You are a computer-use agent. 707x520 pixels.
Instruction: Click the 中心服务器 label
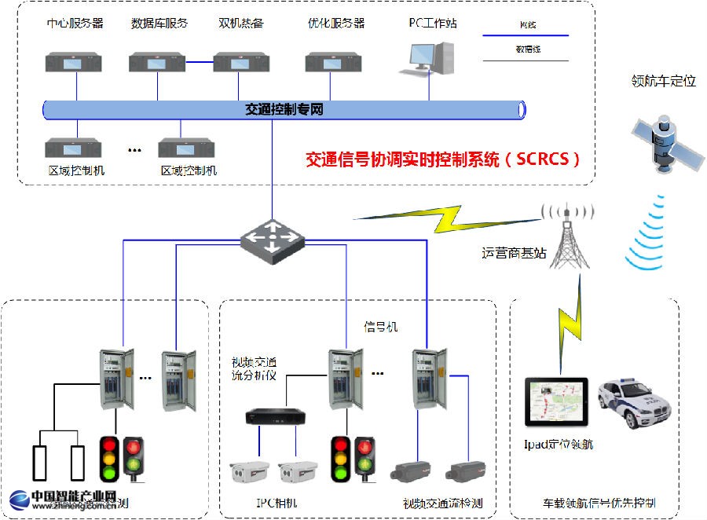click(75, 23)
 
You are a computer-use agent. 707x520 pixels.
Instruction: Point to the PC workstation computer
click(430, 57)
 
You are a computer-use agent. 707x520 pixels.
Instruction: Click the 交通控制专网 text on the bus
click(284, 109)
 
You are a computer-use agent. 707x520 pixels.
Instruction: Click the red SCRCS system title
click(443, 159)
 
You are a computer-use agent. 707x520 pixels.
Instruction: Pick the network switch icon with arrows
click(272, 235)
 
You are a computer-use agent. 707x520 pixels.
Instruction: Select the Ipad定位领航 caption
click(559, 445)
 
